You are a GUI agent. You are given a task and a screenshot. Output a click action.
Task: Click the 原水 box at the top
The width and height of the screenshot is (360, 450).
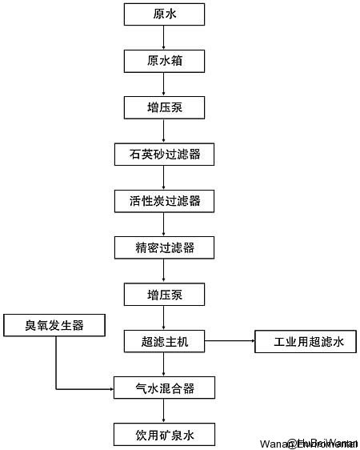click(164, 14)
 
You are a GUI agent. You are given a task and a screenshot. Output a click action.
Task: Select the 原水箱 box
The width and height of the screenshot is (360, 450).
click(164, 60)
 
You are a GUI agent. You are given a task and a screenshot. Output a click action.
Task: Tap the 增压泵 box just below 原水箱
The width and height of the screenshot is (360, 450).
click(164, 106)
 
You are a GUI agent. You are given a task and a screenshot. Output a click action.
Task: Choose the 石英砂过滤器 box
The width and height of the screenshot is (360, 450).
click(164, 154)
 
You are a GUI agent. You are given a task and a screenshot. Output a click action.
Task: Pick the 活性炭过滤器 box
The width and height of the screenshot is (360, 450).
click(164, 200)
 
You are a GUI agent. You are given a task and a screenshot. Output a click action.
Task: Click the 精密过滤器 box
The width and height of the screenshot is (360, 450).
click(164, 247)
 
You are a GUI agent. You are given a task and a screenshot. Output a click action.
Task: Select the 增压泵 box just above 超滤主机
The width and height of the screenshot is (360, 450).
click(164, 295)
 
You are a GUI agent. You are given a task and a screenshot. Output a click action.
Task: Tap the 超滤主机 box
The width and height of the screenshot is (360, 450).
click(164, 342)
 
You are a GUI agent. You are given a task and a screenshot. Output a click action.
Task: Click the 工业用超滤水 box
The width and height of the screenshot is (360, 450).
click(305, 342)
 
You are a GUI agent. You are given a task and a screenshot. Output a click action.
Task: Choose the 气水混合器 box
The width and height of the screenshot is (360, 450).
click(164, 389)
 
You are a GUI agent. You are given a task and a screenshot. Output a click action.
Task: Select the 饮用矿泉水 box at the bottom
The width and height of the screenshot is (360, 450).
click(164, 436)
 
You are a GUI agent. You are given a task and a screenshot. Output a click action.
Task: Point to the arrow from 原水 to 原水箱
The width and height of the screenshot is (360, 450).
click(164, 37)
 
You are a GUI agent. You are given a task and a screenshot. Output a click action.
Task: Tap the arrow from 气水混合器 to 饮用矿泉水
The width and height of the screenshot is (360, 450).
click(164, 412)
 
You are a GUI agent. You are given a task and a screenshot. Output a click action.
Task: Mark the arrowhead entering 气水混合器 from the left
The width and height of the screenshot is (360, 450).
click(110, 389)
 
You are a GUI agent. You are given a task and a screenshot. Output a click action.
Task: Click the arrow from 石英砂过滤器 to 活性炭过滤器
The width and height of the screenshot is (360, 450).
click(164, 177)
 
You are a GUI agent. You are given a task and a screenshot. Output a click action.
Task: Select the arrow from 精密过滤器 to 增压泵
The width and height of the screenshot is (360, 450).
click(164, 271)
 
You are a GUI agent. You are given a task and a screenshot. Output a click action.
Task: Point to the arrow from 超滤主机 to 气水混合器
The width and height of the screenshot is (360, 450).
click(164, 365)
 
